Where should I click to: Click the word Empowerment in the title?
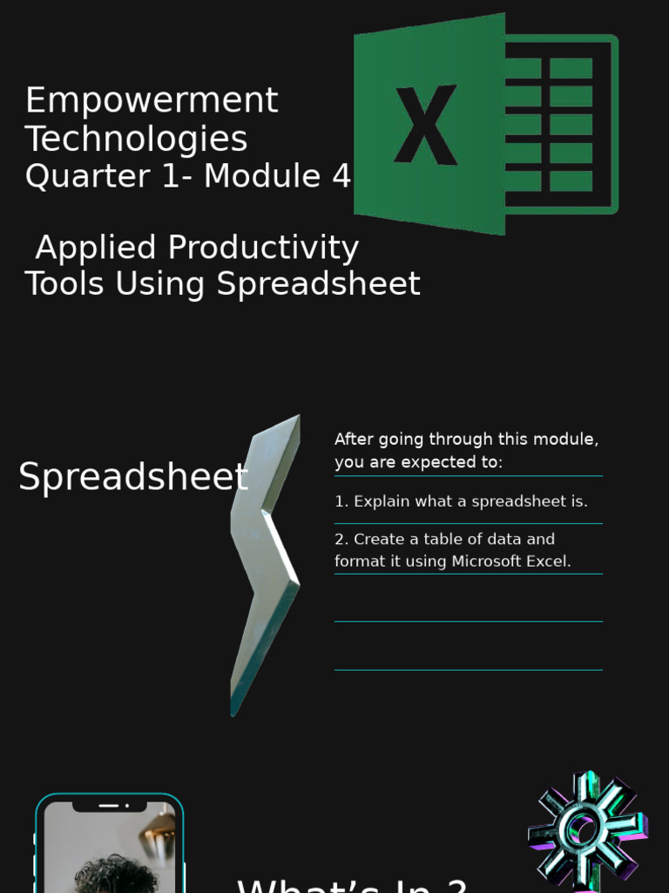pyautogui.click(x=152, y=101)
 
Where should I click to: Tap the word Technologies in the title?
pyautogui.click(x=136, y=140)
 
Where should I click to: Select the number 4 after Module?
pyautogui.click(x=341, y=176)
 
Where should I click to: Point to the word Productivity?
pyautogui.click(x=263, y=248)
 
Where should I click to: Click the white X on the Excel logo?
pyautogui.click(x=425, y=125)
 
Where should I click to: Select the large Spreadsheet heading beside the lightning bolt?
pyautogui.click(x=132, y=478)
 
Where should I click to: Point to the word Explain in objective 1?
pyautogui.click(x=382, y=501)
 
